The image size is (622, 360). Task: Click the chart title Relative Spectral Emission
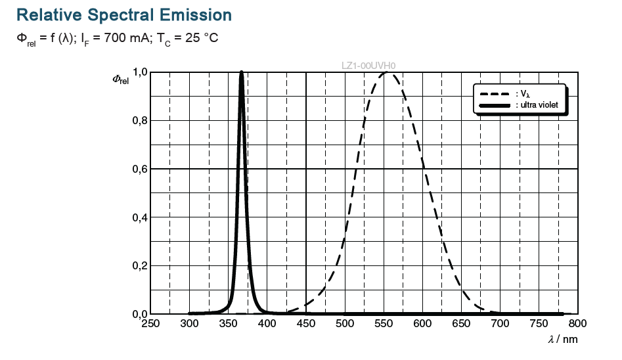pos(124,14)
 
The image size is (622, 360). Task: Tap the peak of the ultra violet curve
pos(242,73)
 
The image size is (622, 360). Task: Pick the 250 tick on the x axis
pos(150,324)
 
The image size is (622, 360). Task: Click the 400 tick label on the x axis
pos(267,324)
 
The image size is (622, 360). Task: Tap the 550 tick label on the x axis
pos(384,324)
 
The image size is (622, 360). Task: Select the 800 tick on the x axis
pos(577,324)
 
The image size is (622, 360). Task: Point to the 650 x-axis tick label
pos(461,324)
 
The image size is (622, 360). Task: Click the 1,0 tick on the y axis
pos(140,72)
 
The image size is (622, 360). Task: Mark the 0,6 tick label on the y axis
pos(140,169)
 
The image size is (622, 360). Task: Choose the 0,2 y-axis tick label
pos(140,265)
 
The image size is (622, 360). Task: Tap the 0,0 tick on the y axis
pos(140,314)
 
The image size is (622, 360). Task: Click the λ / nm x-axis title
pos(563,340)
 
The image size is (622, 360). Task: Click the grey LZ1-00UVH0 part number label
pos(368,66)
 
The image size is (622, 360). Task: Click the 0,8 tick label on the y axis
pos(140,121)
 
